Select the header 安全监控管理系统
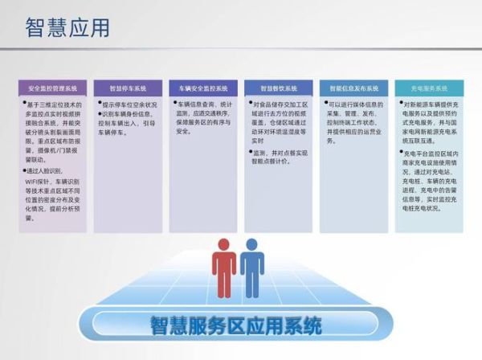(52, 88)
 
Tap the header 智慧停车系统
(127, 88)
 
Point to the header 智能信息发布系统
(353, 88)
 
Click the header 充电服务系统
(428, 88)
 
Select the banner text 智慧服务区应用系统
(236, 326)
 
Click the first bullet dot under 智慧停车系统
(99, 104)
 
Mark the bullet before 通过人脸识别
(25, 170)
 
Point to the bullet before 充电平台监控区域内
(401, 151)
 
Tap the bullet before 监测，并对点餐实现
(250, 151)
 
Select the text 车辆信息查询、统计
(204, 104)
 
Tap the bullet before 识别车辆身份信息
(99, 114)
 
